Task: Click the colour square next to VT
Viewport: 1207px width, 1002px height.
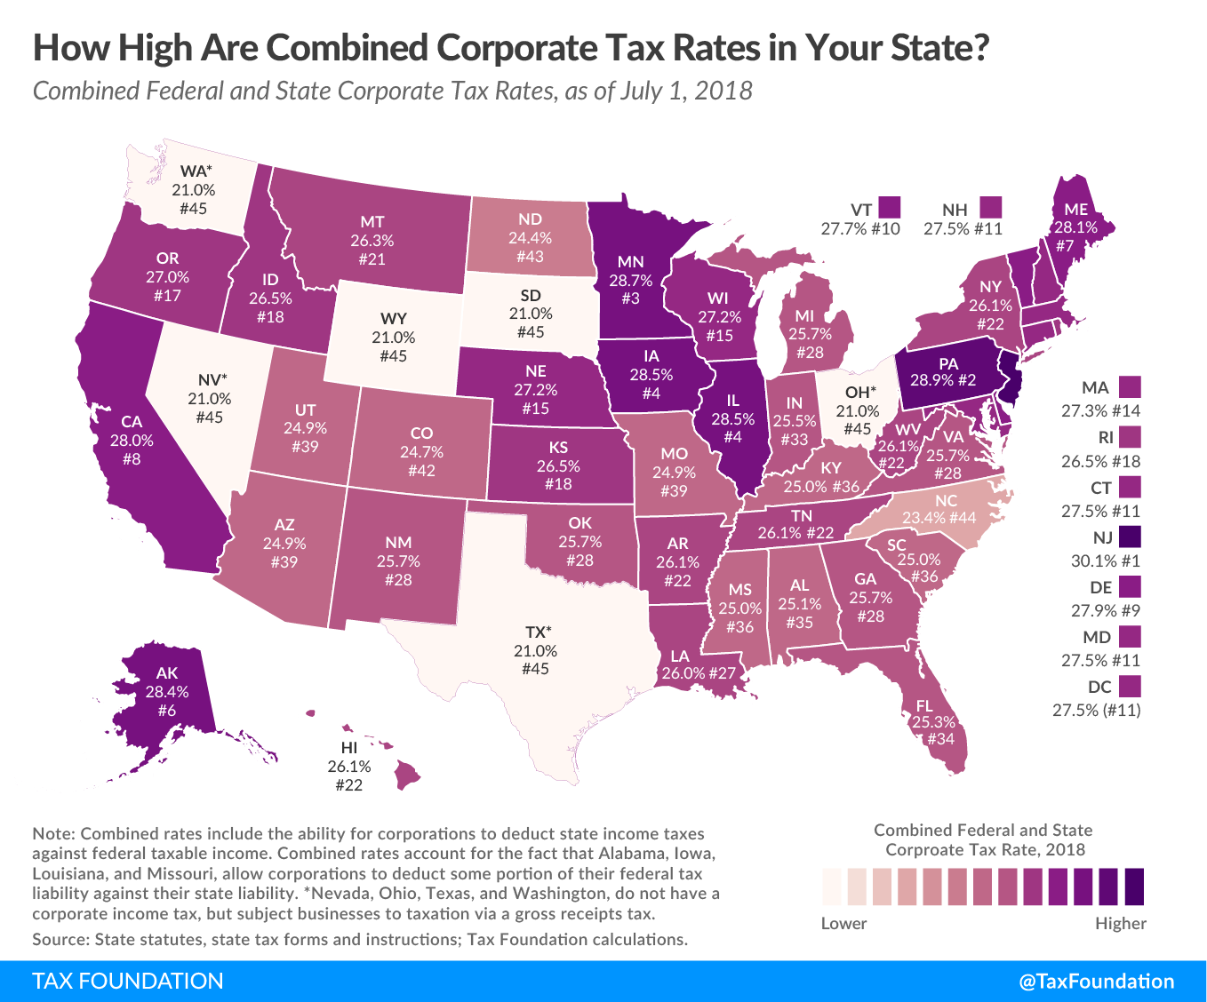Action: click(x=889, y=208)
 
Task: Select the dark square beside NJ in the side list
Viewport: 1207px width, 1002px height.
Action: click(x=1130, y=537)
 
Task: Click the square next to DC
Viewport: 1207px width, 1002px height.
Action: click(x=1130, y=687)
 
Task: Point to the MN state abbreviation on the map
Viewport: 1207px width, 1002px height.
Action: click(x=630, y=262)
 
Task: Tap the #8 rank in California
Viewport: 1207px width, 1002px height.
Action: click(x=132, y=459)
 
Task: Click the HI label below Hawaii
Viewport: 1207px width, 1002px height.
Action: click(x=349, y=748)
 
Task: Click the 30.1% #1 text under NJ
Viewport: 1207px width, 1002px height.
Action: click(x=1100, y=561)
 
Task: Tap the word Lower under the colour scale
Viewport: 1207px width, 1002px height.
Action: click(x=843, y=923)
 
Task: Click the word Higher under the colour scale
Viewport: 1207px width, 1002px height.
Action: click(x=1120, y=923)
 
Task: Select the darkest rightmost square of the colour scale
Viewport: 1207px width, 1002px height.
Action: click(x=1134, y=886)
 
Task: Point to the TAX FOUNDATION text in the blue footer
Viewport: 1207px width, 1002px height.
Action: click(x=128, y=981)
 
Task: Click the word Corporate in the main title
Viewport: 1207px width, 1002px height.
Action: click(x=556, y=47)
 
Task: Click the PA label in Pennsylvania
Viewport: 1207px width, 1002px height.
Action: click(x=947, y=363)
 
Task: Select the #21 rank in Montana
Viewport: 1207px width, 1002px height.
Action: click(x=372, y=258)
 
